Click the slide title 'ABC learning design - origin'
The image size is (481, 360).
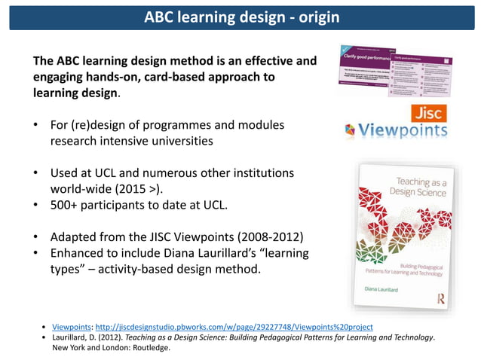coord(241,17)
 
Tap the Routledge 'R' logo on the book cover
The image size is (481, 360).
coord(440,299)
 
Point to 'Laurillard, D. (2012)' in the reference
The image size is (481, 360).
coord(87,337)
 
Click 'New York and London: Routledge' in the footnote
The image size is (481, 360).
coord(110,348)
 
